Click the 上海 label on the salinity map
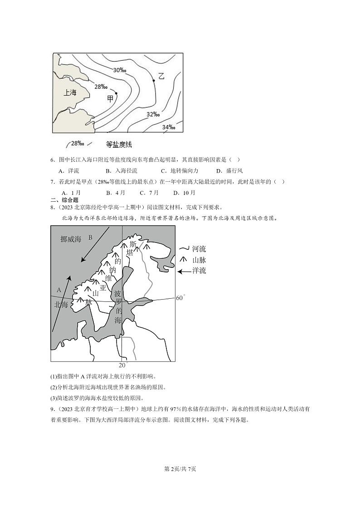(70, 92)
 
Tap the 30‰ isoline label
(120, 70)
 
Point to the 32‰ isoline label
(153, 114)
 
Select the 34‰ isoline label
(169, 127)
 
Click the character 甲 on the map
(110, 98)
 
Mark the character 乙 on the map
(161, 76)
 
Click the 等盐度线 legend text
(118, 144)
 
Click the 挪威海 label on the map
(71, 239)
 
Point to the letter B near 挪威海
(90, 237)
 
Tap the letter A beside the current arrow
(58, 290)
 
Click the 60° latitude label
(180, 298)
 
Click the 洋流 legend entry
(199, 271)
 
